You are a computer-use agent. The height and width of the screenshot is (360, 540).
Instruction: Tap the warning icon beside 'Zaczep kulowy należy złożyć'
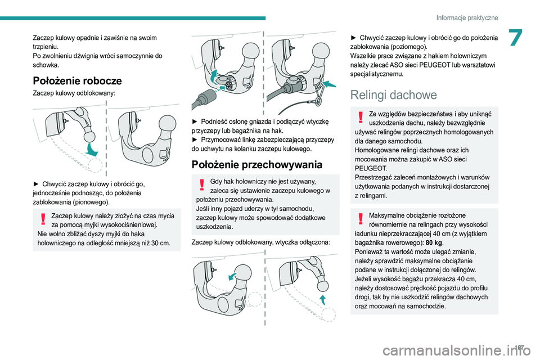point(43,219)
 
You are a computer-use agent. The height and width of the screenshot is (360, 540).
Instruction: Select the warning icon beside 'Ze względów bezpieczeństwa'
point(360,117)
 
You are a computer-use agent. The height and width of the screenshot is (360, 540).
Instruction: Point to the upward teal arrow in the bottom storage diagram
point(323,299)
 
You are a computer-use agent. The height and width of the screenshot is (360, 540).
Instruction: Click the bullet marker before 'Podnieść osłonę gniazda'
point(195,121)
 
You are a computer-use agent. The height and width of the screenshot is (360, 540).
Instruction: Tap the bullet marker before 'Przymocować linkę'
point(195,140)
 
